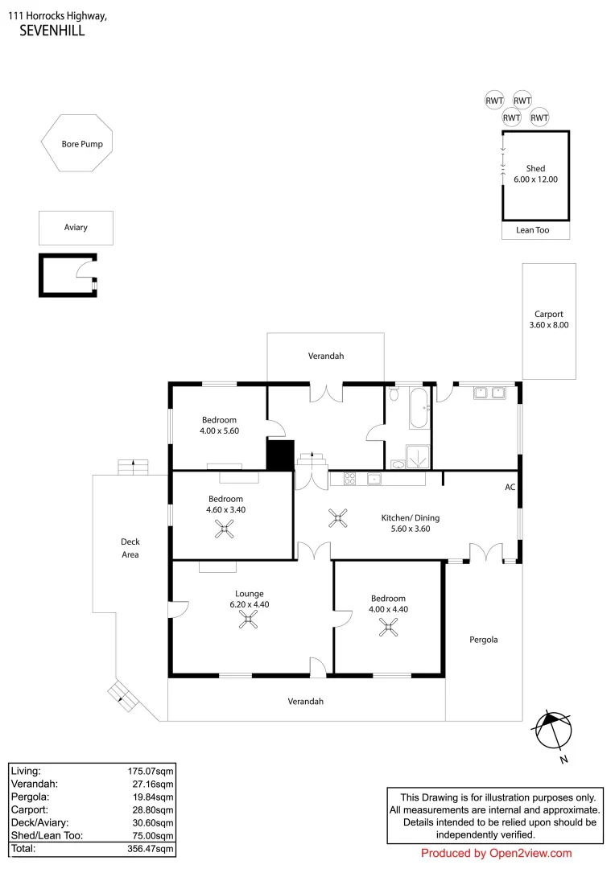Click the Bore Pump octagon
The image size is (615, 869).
click(x=77, y=144)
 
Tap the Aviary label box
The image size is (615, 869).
click(x=76, y=228)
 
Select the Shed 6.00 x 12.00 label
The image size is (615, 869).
click(x=535, y=175)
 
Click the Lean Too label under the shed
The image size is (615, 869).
click(x=532, y=230)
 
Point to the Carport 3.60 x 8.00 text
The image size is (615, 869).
click(x=548, y=319)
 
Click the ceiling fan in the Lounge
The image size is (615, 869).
click(x=252, y=619)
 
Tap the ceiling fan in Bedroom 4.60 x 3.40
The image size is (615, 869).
click(x=223, y=528)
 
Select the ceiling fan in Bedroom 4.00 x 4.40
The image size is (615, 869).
click(x=389, y=628)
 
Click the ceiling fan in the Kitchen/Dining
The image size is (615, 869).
click(x=337, y=519)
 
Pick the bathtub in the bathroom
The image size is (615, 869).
click(x=419, y=409)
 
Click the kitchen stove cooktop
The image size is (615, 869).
click(x=350, y=479)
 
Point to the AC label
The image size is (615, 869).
click(x=510, y=488)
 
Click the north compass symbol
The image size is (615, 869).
click(x=555, y=730)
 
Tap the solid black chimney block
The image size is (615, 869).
click(x=279, y=455)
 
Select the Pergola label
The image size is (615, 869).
click(x=483, y=640)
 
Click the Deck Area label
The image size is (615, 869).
click(x=130, y=548)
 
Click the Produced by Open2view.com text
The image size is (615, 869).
click(x=496, y=854)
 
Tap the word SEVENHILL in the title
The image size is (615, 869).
click(x=52, y=31)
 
